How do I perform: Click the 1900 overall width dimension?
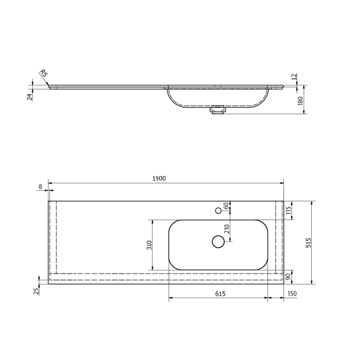(159, 178)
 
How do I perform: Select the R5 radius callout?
(44, 74)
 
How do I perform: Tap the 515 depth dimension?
(308, 243)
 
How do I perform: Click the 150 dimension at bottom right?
(292, 295)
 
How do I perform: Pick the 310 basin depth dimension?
(148, 245)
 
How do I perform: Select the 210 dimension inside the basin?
(227, 228)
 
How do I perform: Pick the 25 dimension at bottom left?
(36, 290)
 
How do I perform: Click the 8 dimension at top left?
(41, 186)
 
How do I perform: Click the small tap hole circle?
(218, 211)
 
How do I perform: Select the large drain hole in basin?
(218, 241)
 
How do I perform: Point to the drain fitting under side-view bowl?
(217, 111)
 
